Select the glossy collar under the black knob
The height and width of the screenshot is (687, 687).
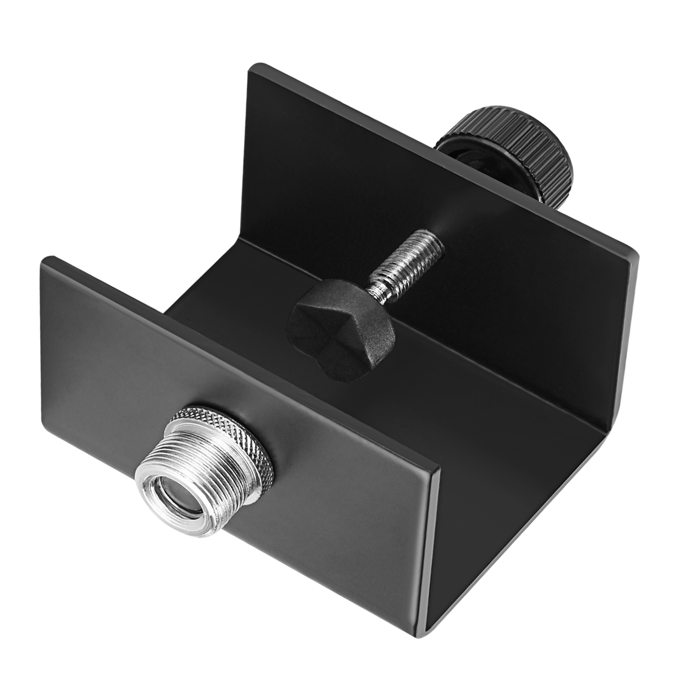463,151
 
